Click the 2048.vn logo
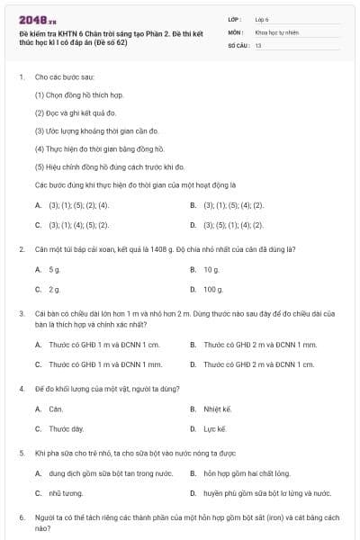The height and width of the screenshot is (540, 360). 37,20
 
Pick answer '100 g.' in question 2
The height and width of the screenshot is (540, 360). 213,289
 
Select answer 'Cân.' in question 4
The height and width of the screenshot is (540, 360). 57,409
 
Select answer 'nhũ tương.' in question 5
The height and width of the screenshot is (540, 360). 66,493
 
